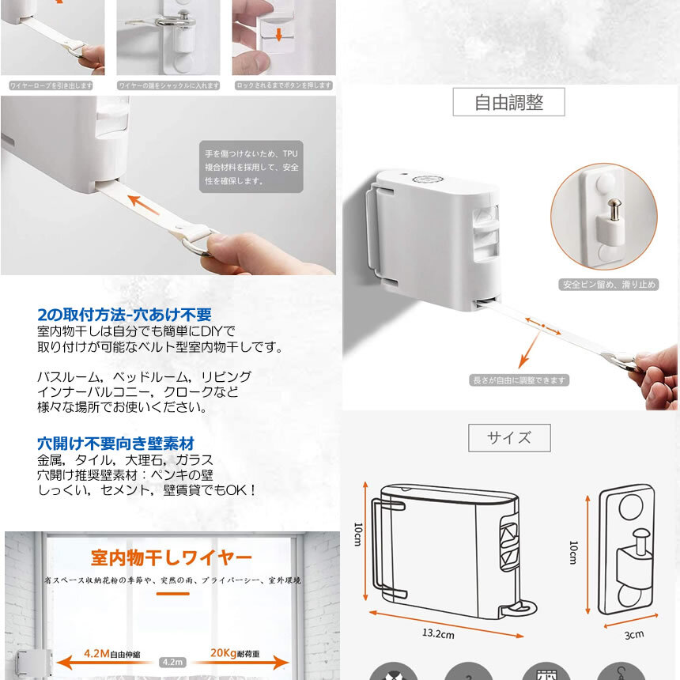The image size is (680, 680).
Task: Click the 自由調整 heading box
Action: (508, 102)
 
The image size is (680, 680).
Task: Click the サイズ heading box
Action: (508, 437)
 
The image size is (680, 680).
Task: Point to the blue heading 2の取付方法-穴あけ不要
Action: (124, 314)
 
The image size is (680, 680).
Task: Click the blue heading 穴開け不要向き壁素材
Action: (115, 443)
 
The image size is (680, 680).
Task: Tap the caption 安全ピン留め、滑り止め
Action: (609, 284)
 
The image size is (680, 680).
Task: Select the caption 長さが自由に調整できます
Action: (519, 380)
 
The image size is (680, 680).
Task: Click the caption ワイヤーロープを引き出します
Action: (51, 85)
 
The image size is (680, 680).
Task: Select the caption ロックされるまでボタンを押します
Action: (282, 85)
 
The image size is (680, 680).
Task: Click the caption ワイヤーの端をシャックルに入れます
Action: (168, 85)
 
